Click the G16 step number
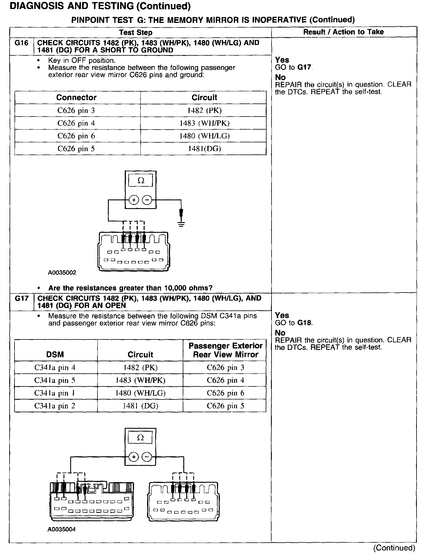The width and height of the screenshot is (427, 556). click(x=21, y=43)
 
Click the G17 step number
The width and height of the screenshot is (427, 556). click(x=21, y=299)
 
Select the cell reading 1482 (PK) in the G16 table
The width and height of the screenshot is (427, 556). click(x=205, y=110)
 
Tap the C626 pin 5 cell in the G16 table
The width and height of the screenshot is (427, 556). click(x=76, y=149)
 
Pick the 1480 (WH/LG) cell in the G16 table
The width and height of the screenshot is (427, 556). click(x=205, y=136)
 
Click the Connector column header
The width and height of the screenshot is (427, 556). click(x=76, y=97)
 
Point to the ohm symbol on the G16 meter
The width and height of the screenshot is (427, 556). click(x=141, y=181)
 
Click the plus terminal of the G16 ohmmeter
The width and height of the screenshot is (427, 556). click(x=134, y=200)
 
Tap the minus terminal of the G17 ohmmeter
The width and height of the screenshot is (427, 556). click(x=147, y=457)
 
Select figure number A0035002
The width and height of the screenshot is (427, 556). click(x=62, y=272)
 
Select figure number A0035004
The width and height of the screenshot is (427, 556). click(x=62, y=529)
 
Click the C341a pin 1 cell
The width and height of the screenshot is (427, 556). click(x=55, y=393)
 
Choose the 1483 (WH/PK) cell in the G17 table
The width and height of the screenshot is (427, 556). click(x=140, y=380)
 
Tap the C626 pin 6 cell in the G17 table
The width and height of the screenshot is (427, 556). click(x=225, y=393)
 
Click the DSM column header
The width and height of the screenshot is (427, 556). click(x=55, y=354)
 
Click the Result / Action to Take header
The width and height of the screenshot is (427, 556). click(x=343, y=32)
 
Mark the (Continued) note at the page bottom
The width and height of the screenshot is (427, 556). click(x=394, y=548)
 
